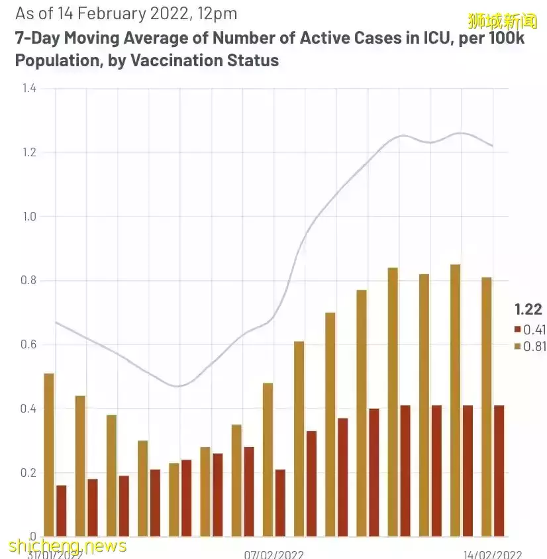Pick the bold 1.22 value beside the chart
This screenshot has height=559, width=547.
528,309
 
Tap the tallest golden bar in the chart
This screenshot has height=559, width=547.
455,400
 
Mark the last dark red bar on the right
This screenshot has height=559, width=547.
499,470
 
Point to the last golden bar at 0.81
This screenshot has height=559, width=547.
487,407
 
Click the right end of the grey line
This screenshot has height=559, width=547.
492,146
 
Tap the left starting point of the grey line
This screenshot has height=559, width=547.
56,323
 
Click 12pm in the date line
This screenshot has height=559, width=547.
217,13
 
